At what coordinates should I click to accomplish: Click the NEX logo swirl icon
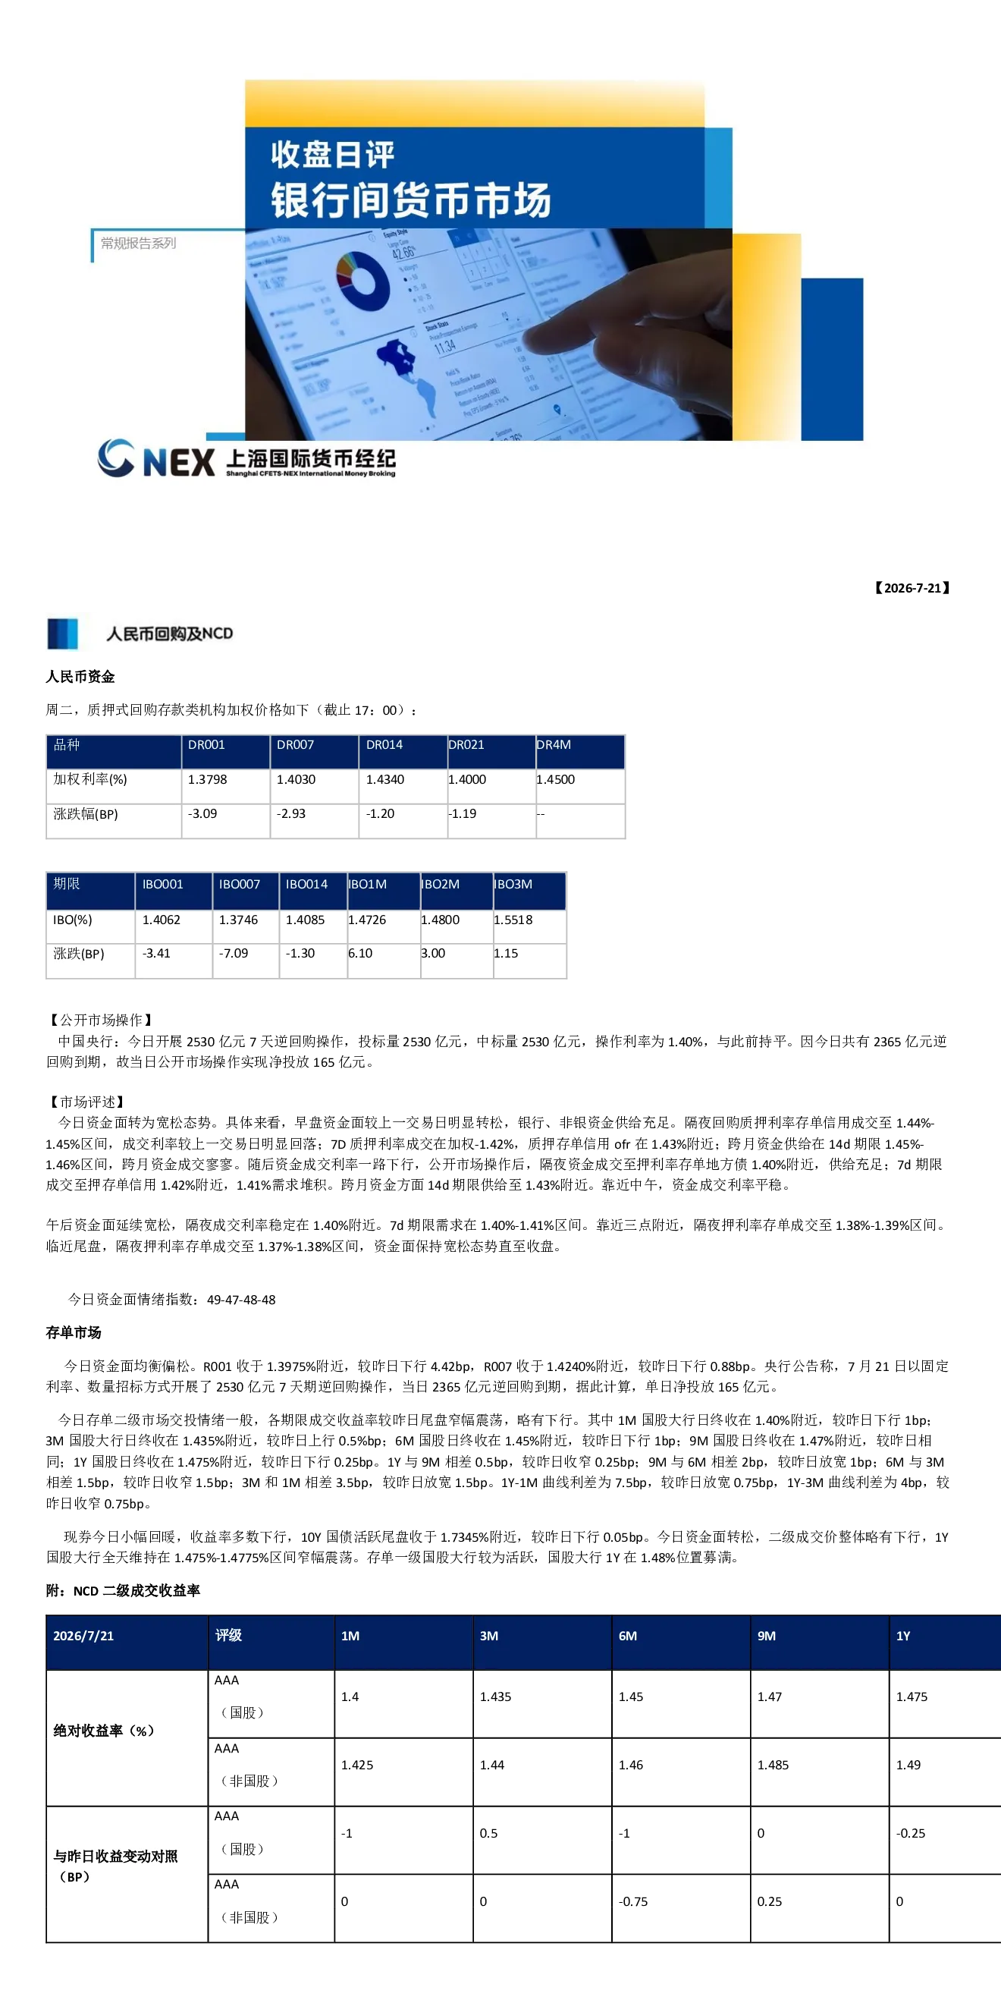pos(116,458)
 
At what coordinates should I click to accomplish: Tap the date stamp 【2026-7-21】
pos(912,588)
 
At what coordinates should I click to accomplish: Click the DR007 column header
pos(295,745)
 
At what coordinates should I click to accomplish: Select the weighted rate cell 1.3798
pos(208,779)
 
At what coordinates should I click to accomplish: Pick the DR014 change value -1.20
pos(380,813)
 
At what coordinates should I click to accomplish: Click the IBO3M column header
pos(513,884)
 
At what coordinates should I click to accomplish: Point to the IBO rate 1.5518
pos(513,920)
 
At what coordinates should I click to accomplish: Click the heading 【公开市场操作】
pos(100,1020)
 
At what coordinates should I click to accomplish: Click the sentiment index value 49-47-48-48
pos(241,1300)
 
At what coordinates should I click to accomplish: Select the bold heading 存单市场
pos(74,1333)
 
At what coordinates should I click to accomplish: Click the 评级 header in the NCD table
pos(228,1635)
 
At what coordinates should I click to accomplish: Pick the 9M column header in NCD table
pos(766,1636)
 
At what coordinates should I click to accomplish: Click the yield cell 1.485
pos(773,1765)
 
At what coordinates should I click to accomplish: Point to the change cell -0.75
pos(633,1901)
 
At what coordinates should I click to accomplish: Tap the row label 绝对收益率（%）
pos(104,1731)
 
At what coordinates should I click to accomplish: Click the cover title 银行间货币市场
pos(411,200)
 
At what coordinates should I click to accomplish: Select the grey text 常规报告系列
pos(138,244)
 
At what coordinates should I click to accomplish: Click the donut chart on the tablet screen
pos(362,281)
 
